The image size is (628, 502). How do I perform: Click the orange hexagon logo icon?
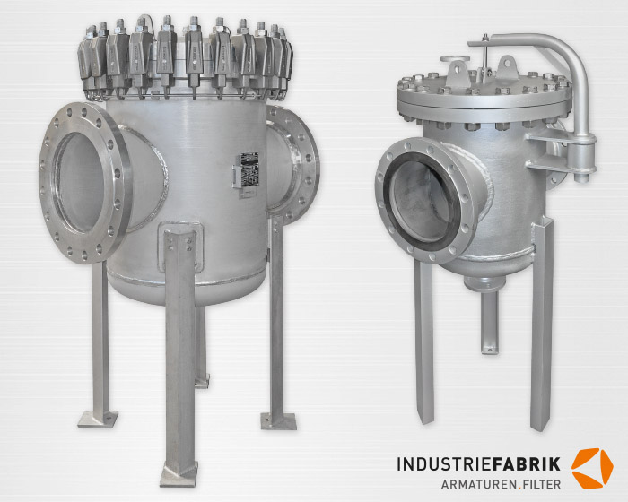click(x=592, y=467)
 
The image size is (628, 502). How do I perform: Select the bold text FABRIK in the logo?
click(x=525, y=464)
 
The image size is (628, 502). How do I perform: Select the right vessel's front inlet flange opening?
click(x=421, y=200)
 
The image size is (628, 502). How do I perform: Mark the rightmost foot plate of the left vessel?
click(x=278, y=420)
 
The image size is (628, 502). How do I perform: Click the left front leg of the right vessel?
click(x=424, y=341)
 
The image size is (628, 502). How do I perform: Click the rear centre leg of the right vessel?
click(x=489, y=323)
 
